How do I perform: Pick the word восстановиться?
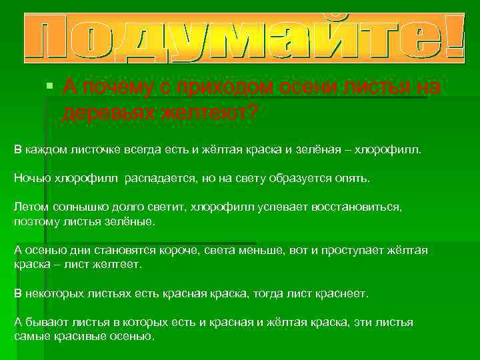click(357, 207)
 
